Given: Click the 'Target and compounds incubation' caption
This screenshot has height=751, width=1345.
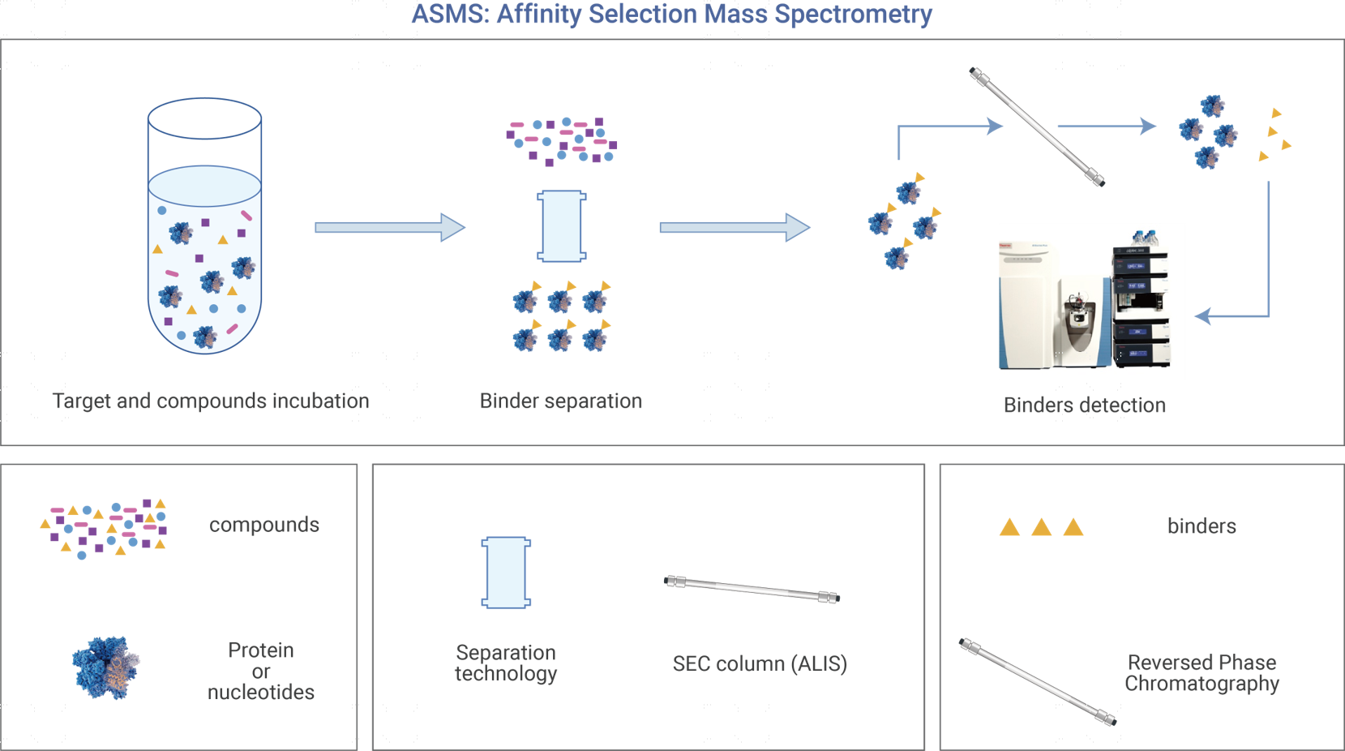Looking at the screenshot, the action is coord(211,401).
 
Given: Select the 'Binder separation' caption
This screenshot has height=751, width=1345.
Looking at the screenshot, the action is coord(561,401).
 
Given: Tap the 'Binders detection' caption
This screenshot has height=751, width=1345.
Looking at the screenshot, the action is coord(1085,405).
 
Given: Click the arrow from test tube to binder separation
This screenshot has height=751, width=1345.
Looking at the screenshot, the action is coord(390,227).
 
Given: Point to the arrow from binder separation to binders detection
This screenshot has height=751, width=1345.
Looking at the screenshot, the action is coord(735,227).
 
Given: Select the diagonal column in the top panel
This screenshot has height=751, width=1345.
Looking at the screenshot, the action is coord(1037,127).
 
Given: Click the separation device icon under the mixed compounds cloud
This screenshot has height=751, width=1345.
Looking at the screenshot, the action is coord(561,226).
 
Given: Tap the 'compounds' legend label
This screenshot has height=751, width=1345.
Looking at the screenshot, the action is coord(264,525).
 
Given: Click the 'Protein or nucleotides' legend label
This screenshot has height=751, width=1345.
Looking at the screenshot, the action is coord(261,671).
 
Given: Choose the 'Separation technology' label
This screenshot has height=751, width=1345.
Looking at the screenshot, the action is coord(506,663).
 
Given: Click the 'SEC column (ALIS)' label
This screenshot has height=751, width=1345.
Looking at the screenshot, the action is coord(760,663).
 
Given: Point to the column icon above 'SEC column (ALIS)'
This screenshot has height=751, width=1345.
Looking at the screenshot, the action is coord(752,590).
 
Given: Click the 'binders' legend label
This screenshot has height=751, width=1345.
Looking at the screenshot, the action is coord(1202,526).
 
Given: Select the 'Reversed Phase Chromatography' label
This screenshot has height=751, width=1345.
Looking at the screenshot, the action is coord(1202,673).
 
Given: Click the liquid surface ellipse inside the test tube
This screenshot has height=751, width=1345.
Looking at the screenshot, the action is coord(205,187).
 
